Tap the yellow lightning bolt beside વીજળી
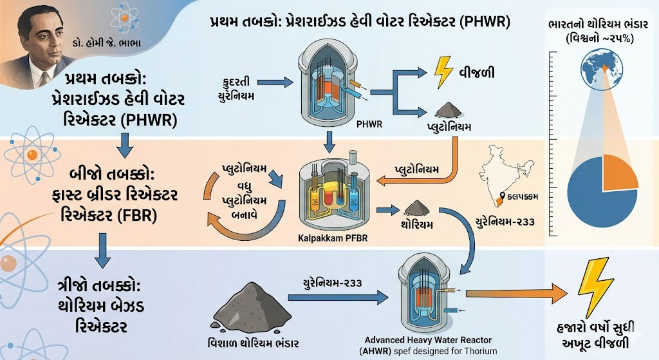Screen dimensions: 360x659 (x=443, y=72)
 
